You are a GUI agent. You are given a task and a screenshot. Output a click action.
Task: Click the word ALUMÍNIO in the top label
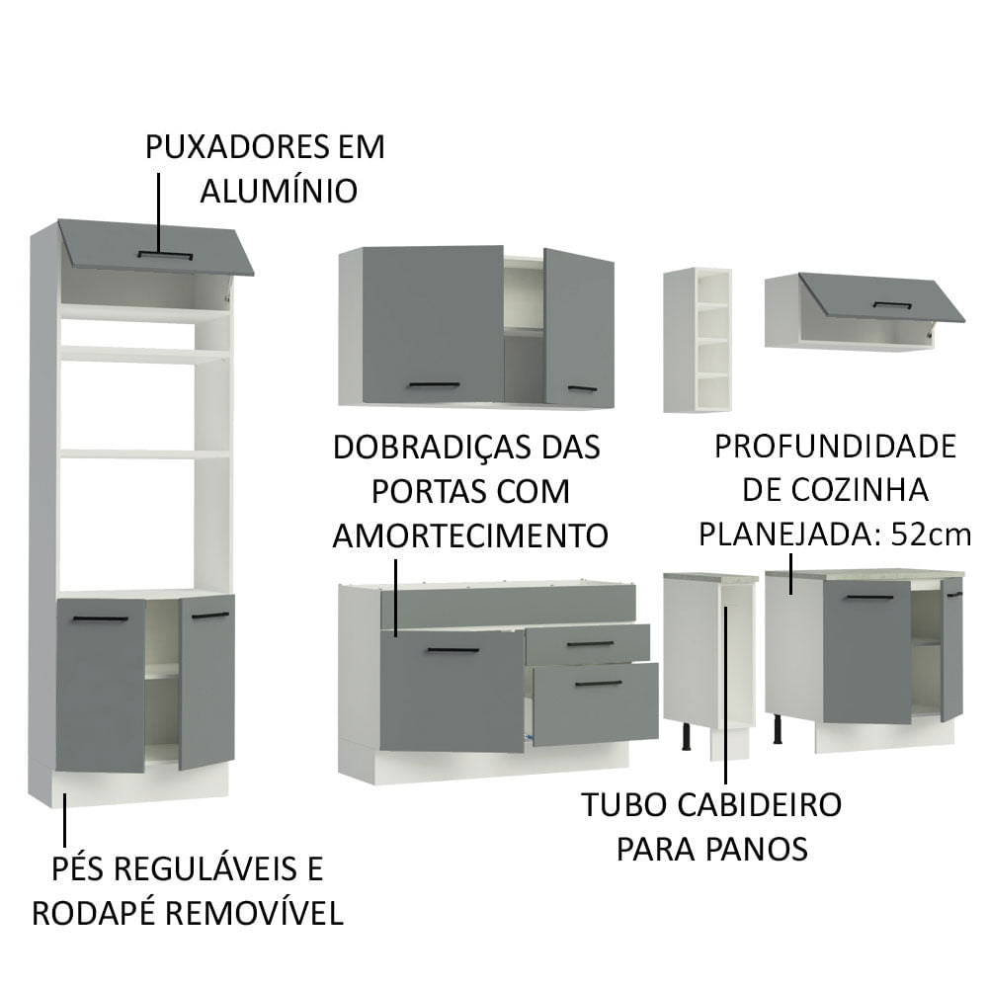[x=279, y=191]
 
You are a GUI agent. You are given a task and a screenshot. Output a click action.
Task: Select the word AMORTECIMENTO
[x=469, y=535]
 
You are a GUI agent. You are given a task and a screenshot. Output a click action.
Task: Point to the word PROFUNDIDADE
[x=835, y=447]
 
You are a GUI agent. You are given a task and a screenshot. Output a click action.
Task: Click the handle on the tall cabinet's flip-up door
[x=165, y=255]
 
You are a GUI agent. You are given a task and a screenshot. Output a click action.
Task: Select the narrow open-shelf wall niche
[x=697, y=339]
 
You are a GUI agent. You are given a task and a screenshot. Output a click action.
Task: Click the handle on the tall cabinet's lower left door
[x=101, y=618]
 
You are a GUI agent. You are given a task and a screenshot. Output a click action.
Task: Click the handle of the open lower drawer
[x=598, y=683]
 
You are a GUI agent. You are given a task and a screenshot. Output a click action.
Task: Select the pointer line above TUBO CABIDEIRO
[x=726, y=692]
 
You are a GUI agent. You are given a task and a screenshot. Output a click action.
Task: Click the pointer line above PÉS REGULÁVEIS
[x=65, y=820]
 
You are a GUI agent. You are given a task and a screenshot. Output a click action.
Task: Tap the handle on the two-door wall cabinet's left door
[x=434, y=384]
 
